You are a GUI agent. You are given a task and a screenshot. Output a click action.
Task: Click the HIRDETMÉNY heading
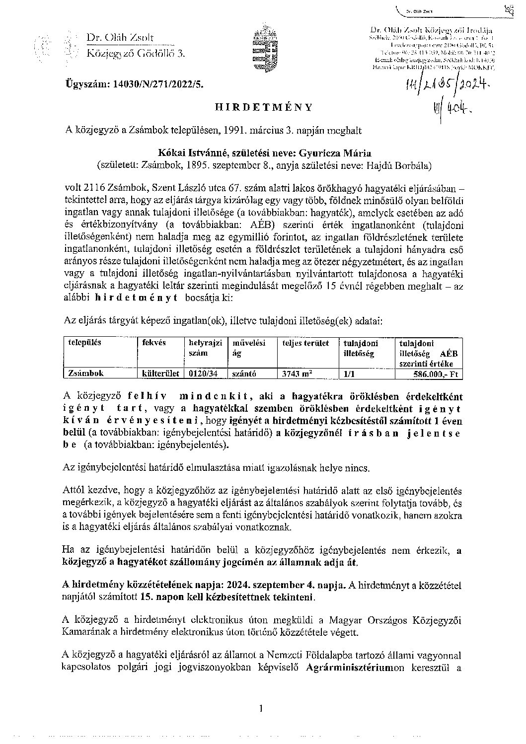point(263,107)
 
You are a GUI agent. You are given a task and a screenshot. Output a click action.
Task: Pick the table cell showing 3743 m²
point(297,374)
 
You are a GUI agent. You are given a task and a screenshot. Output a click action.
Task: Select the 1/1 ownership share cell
point(350,374)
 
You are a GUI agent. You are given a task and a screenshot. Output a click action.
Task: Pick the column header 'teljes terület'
point(305,343)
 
